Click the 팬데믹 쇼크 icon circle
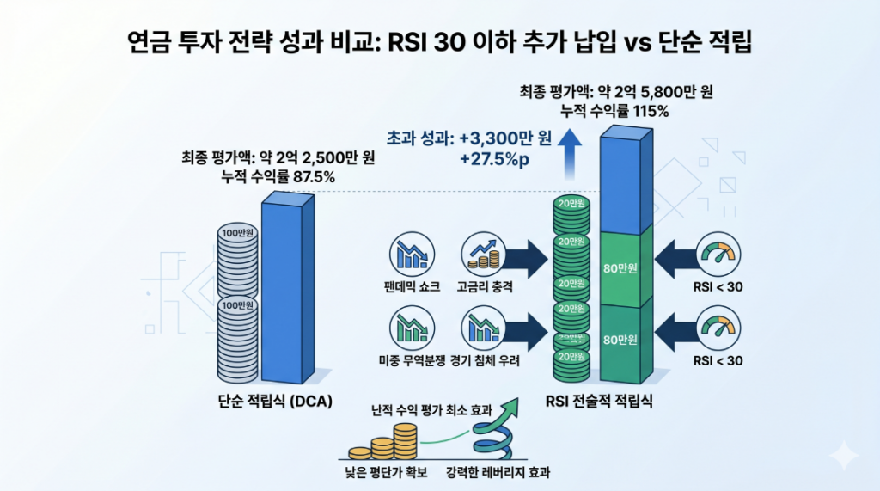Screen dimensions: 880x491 point(412,255)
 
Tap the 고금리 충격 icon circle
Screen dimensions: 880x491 point(484,255)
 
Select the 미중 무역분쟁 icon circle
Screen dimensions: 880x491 point(412,328)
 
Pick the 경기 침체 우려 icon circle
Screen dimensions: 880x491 point(484,328)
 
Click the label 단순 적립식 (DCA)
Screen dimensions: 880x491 point(275,401)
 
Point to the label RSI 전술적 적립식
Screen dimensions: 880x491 point(599,401)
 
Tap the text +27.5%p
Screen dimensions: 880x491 point(494,160)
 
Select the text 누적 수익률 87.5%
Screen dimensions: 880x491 point(278,177)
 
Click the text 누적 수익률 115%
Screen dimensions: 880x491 point(614,111)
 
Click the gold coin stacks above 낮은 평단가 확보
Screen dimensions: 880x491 point(382,442)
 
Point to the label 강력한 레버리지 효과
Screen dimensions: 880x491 point(498,472)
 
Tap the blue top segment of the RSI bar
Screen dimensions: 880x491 point(626,180)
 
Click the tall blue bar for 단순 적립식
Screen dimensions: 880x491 point(287,286)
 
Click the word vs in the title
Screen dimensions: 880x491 point(638,43)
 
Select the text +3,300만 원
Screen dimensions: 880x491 point(505,138)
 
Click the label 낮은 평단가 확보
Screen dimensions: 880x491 point(386,472)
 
